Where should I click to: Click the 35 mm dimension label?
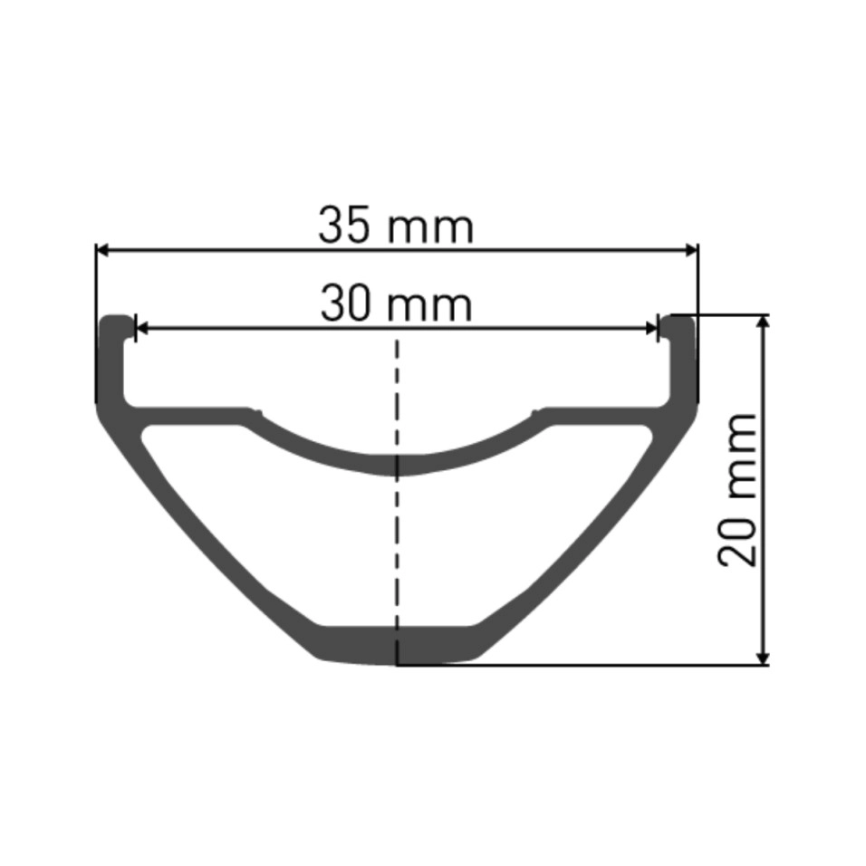tap(396, 226)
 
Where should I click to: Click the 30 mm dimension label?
tap(396, 303)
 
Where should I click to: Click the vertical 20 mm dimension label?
tap(737, 489)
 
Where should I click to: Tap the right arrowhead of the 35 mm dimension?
tap(691, 250)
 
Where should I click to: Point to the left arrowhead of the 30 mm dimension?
tap(142, 329)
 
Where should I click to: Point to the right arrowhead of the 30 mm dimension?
tap(651, 329)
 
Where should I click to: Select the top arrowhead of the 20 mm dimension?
tap(763, 322)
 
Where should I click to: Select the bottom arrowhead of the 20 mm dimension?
tap(763, 659)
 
